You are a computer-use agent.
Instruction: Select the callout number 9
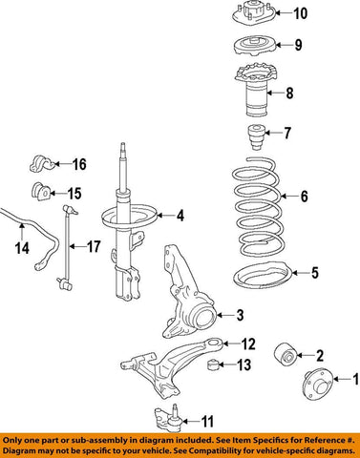pos(298,45)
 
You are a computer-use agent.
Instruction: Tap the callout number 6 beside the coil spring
pos(304,198)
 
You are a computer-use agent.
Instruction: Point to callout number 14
pos(21,250)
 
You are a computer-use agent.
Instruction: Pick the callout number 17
pos(93,246)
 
